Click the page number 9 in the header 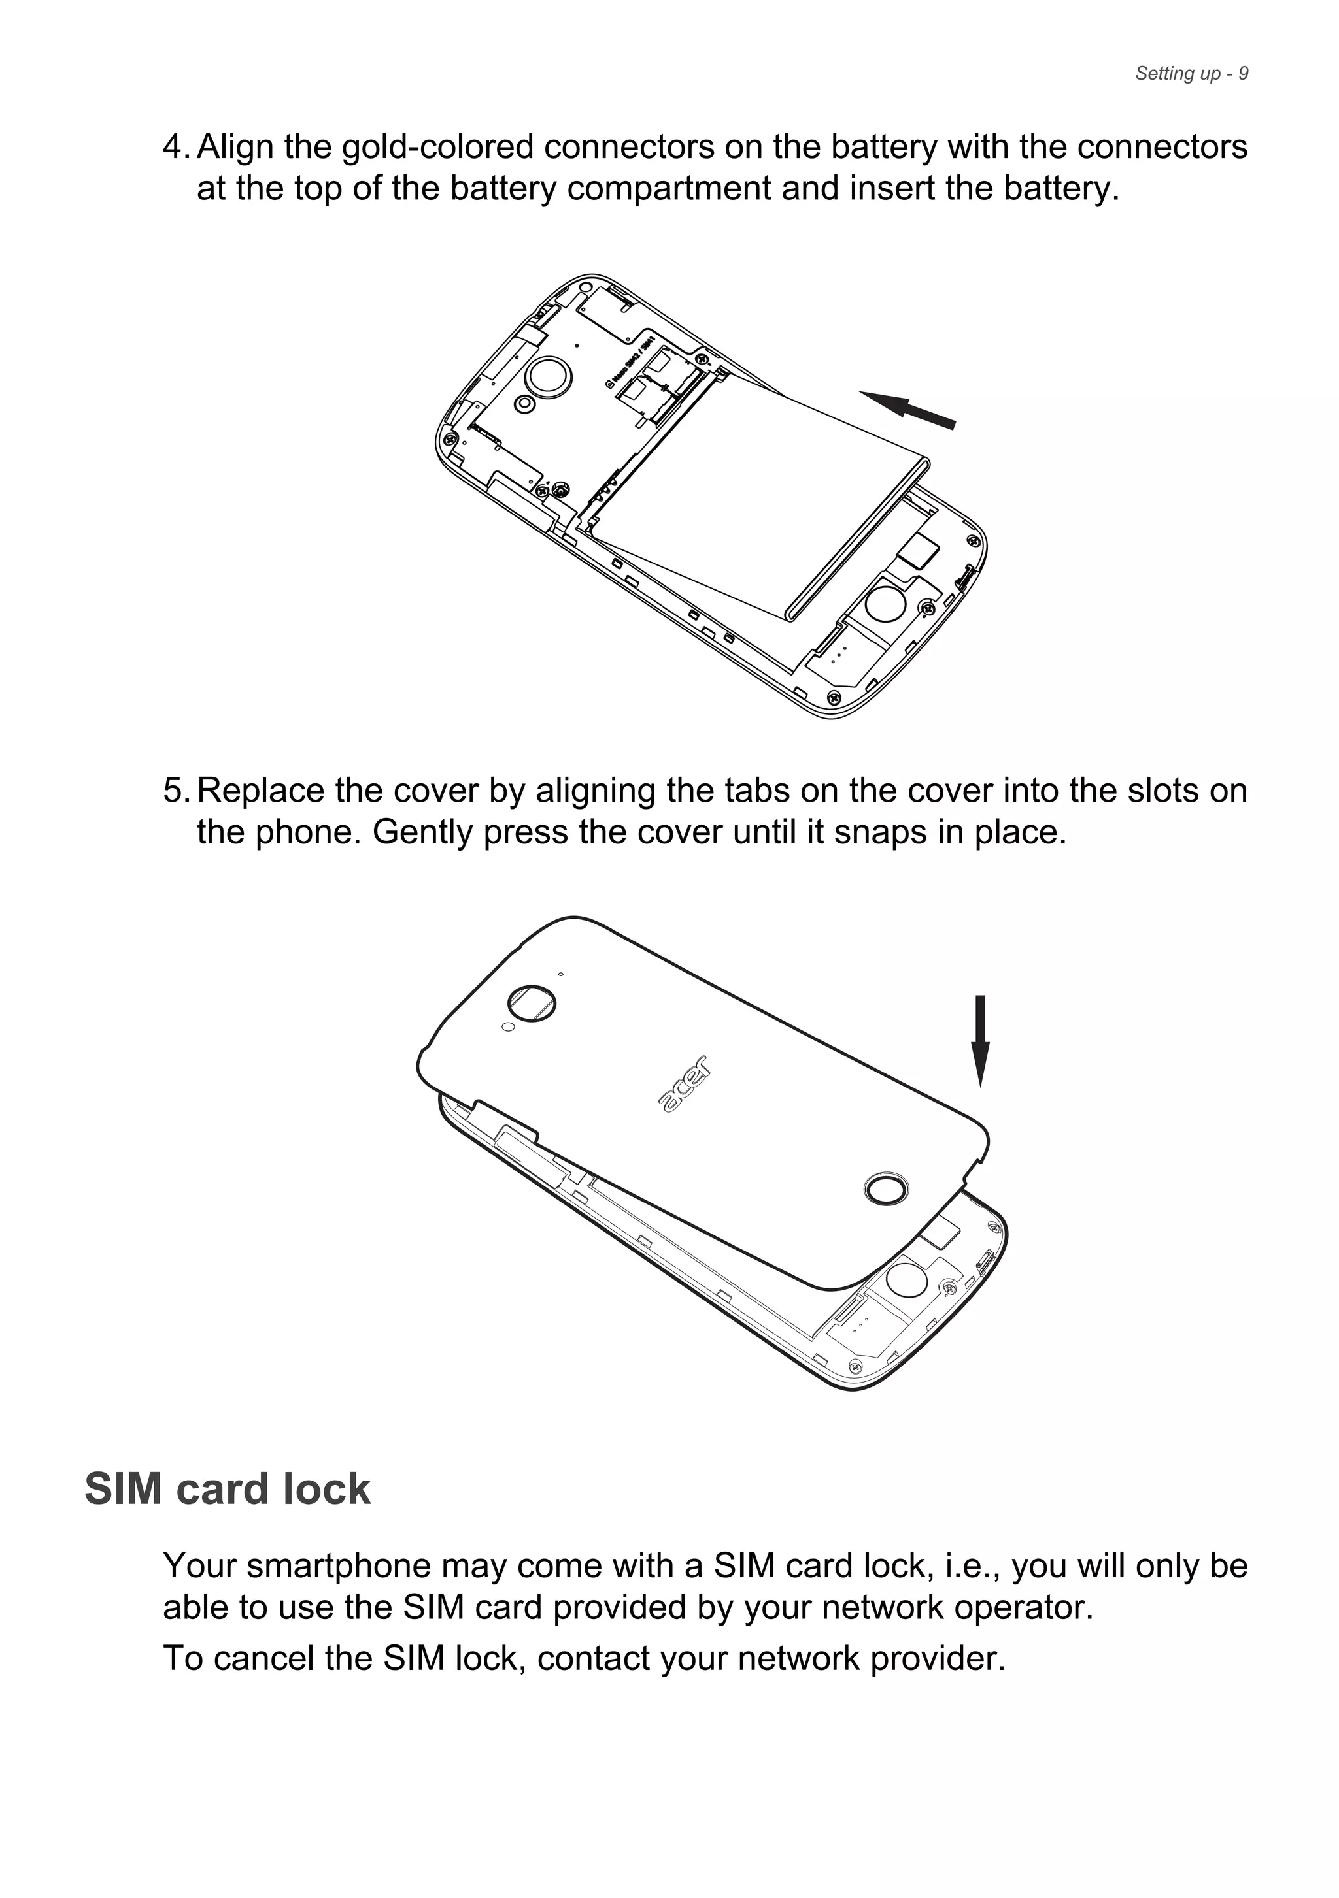1243,74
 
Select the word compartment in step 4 670,189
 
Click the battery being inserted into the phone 761,496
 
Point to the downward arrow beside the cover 980,1040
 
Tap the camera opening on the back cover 532,1003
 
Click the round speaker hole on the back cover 886,1190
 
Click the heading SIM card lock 228,1489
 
